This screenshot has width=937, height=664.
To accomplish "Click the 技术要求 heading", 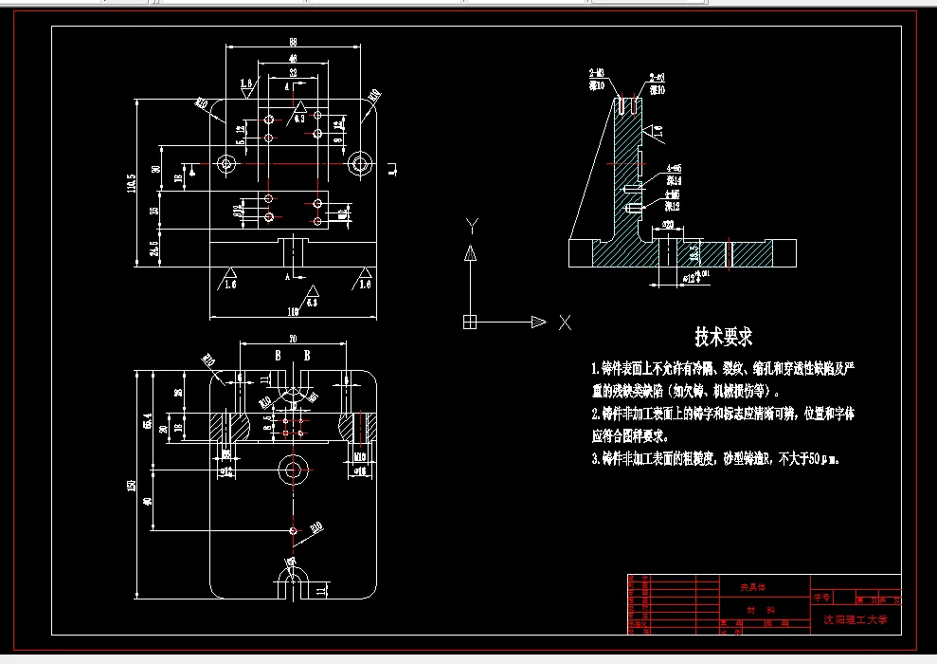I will pyautogui.click(x=723, y=336).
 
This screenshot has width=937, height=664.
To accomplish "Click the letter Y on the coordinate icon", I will pyautogui.click(x=470, y=224).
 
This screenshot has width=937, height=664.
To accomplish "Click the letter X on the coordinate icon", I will pyautogui.click(x=565, y=323).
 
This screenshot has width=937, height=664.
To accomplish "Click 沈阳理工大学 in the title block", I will pyautogui.click(x=855, y=619).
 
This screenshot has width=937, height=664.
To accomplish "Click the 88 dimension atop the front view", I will pyautogui.click(x=293, y=42).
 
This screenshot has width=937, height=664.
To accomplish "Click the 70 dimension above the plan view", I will pyautogui.click(x=292, y=339).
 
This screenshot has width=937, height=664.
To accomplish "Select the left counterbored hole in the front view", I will pyautogui.click(x=225, y=164).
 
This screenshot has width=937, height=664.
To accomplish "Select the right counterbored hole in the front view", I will pyautogui.click(x=358, y=163).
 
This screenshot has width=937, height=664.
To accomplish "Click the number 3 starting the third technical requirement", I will pyautogui.click(x=595, y=458).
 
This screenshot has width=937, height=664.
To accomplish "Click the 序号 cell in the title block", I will pyautogui.click(x=820, y=599).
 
